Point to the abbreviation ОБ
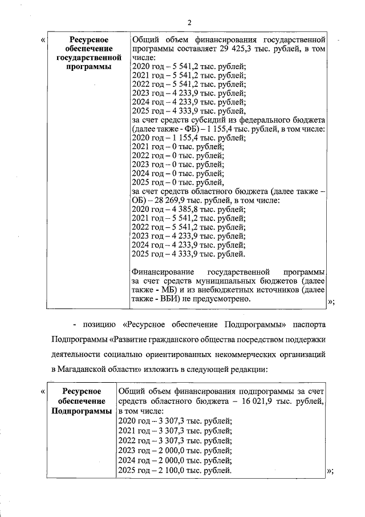coord(137,201)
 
